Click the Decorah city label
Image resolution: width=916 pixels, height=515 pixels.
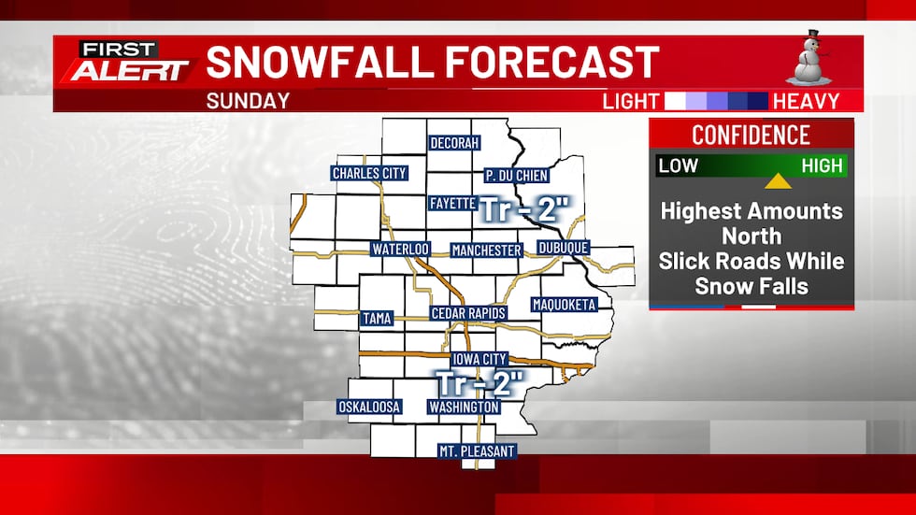click(454, 144)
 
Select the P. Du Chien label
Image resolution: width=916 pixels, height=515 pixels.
click(516, 175)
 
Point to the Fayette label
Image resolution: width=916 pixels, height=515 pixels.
click(453, 203)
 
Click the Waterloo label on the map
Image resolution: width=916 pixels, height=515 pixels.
click(399, 250)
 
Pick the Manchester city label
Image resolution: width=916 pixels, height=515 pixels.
click(486, 250)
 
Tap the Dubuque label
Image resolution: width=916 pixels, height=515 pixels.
click(564, 248)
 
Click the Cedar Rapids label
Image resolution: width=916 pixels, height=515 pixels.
click(468, 313)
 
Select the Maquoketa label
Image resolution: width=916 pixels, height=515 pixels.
click(563, 305)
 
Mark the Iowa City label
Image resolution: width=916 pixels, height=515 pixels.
click(479, 359)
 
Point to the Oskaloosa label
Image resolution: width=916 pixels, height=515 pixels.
click(369, 408)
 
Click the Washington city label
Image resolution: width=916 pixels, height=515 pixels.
click(464, 408)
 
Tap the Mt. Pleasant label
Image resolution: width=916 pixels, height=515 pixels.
click(477, 451)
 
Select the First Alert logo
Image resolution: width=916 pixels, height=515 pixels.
click(127, 63)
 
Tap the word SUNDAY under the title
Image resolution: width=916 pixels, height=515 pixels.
click(248, 101)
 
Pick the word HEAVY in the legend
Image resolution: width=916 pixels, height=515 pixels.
click(807, 101)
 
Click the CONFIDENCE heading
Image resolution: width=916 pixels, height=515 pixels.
click(751, 135)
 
